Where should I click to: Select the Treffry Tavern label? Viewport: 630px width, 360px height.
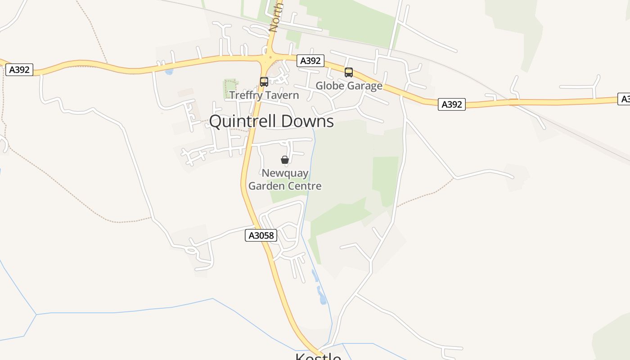(x=264, y=95)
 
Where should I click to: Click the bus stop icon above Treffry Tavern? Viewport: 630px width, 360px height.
(x=264, y=82)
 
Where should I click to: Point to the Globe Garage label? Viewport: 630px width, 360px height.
(x=349, y=85)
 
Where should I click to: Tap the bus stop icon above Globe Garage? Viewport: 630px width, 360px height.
(x=349, y=72)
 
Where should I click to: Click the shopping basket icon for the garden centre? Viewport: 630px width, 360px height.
(x=285, y=160)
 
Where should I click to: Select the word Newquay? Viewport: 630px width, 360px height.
(x=285, y=173)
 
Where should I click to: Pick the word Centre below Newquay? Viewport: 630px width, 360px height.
(x=305, y=186)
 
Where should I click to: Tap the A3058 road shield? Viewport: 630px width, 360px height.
(x=261, y=235)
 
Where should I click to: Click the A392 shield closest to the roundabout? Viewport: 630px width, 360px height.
(x=310, y=61)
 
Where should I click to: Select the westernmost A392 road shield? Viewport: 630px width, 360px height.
(x=19, y=70)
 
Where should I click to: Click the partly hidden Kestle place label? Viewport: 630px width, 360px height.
(x=318, y=356)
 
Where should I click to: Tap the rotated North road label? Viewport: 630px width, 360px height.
(x=275, y=17)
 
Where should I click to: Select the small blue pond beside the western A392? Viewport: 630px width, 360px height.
(x=169, y=72)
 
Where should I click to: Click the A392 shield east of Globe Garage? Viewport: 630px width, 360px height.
(x=452, y=104)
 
